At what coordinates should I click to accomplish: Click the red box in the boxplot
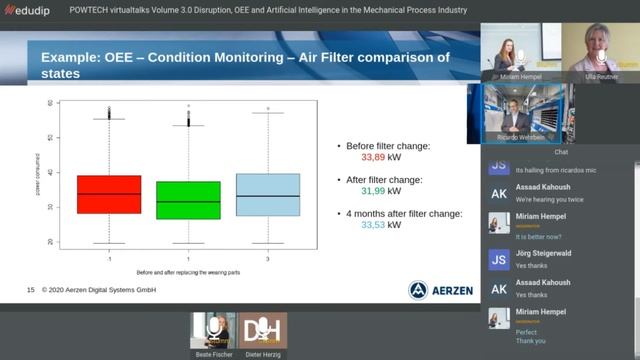108,194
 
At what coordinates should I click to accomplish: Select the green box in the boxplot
189,200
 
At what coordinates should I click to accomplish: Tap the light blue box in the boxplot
268,194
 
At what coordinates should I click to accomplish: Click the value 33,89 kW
381,157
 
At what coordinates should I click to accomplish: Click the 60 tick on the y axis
50,104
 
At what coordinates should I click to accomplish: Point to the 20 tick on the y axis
50,242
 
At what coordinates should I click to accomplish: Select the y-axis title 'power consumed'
36,172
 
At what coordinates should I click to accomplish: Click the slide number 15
31,289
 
